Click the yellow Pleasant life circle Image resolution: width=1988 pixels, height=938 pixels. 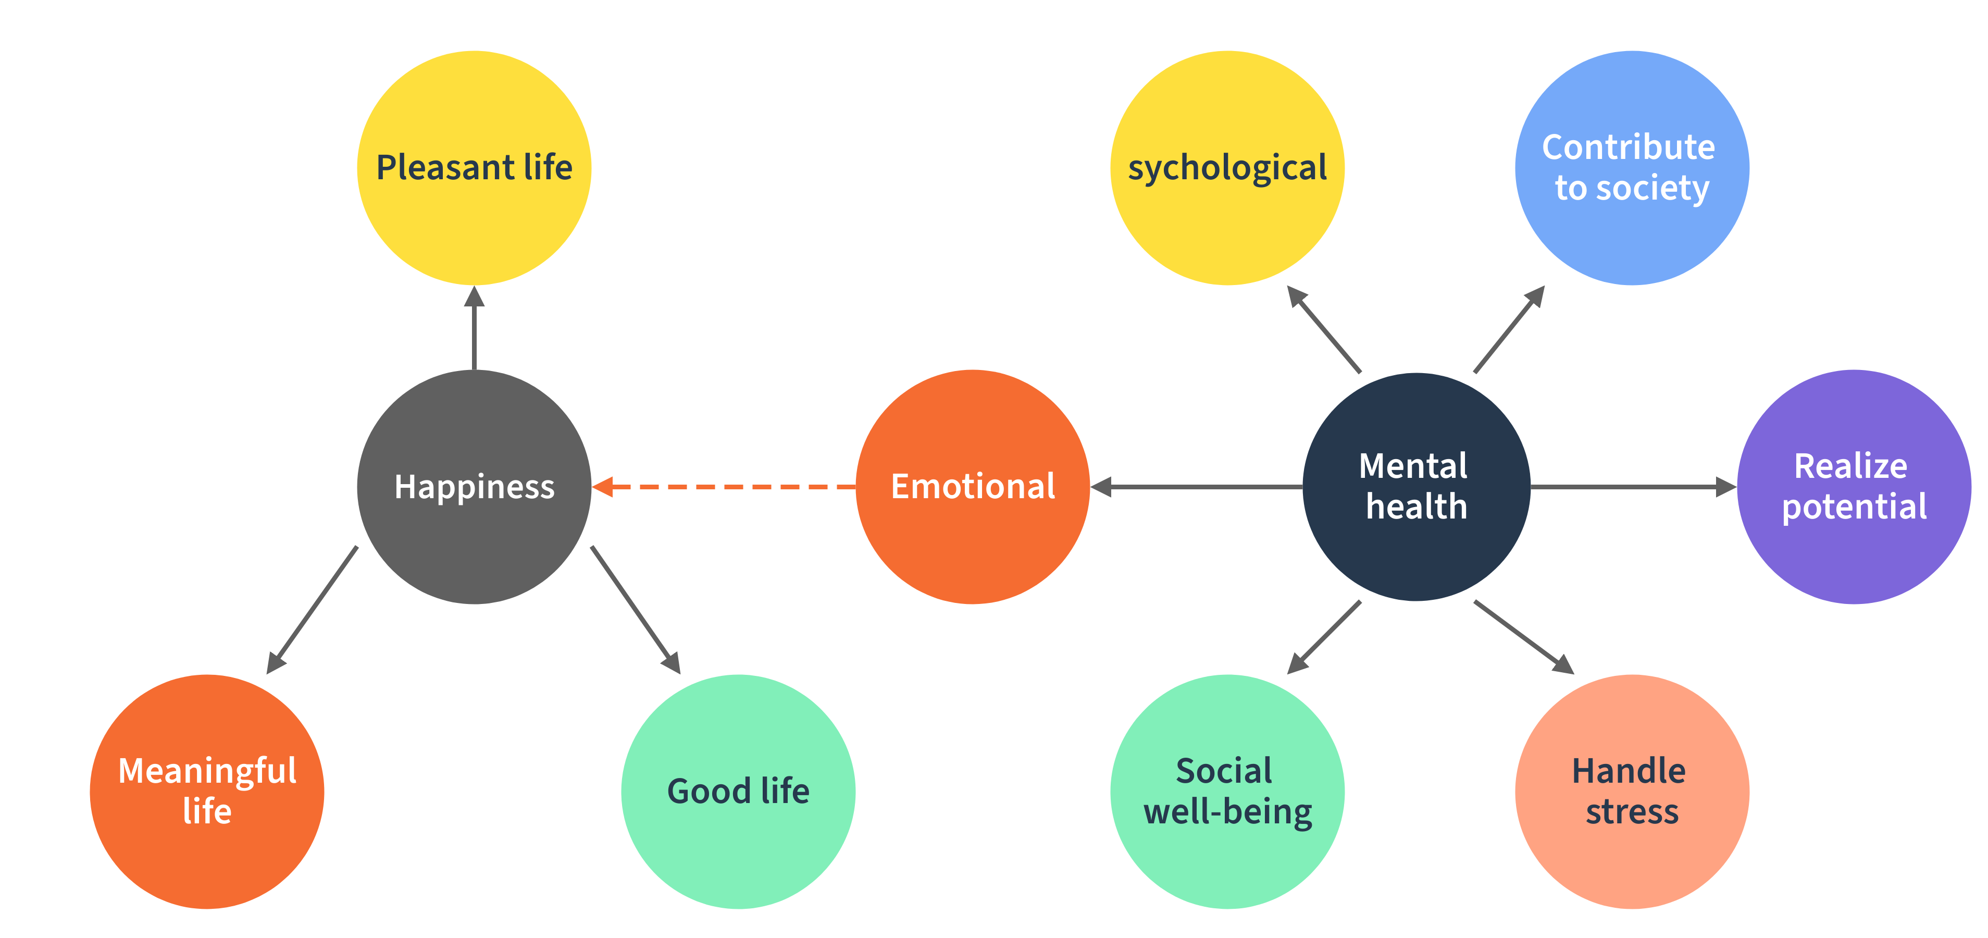click(x=474, y=167)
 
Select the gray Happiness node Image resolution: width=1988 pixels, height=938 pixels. click(x=474, y=486)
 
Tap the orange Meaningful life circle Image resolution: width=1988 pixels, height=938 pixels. click(x=207, y=792)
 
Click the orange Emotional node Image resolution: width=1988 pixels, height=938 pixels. click(x=973, y=486)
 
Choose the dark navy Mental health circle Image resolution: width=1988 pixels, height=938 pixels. click(x=1416, y=486)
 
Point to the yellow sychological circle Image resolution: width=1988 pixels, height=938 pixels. click(x=1227, y=167)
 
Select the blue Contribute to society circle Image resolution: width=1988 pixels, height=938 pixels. click(x=1632, y=167)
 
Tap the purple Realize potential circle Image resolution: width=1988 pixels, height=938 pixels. click(x=1854, y=486)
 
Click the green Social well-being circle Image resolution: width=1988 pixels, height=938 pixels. click(x=1227, y=792)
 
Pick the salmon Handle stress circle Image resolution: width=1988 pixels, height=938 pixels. click(x=1632, y=792)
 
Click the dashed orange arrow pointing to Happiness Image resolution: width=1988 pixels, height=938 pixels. click(x=725, y=486)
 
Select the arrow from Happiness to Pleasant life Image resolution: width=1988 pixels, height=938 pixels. click(x=474, y=328)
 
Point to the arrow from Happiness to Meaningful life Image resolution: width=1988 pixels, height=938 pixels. click(x=313, y=610)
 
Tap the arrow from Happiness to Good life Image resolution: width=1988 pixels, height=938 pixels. click(x=635, y=610)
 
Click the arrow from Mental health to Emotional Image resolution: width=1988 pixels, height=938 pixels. click(x=1196, y=486)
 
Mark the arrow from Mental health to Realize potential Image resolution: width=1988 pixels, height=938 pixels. click(x=1632, y=486)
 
